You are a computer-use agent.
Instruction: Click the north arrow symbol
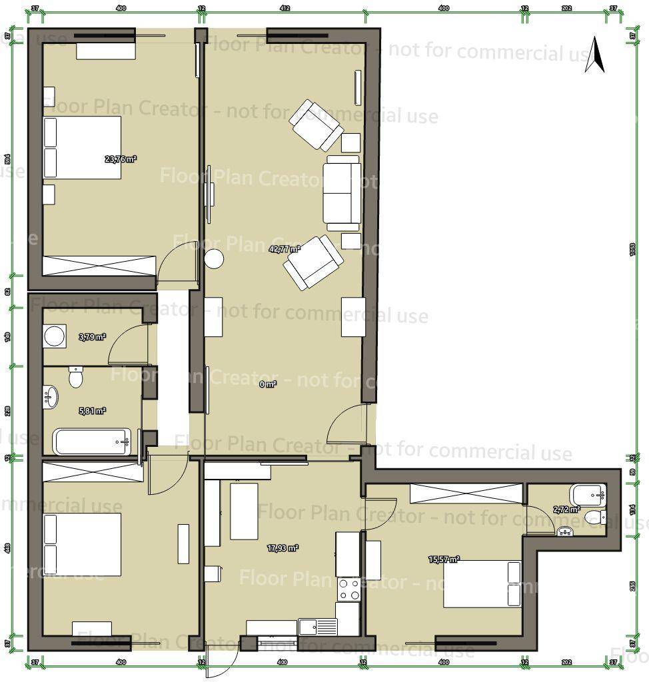tap(595, 55)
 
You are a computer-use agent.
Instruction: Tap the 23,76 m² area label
tap(121, 159)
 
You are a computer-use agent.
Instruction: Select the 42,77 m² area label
tap(285, 249)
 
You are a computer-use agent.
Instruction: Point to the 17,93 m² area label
tap(283, 548)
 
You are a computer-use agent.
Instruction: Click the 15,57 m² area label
tap(444, 559)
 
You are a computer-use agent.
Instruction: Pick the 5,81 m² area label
tap(92, 411)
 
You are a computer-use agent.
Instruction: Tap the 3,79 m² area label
tap(92, 337)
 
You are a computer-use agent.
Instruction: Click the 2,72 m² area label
tap(567, 510)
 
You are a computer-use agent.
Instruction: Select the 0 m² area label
tap(267, 384)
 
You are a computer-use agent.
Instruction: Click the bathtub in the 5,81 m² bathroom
tap(93, 442)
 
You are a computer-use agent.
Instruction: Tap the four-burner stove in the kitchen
tap(349, 589)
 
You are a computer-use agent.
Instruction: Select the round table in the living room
tap(215, 259)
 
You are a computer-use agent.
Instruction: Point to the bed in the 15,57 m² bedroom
tap(482, 583)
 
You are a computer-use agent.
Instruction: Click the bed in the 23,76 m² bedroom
tap(83, 148)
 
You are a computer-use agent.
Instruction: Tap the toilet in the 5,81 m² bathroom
tap(76, 378)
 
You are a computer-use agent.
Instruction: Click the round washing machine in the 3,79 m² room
tap(54, 336)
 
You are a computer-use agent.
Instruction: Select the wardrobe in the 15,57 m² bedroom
tap(466, 494)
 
